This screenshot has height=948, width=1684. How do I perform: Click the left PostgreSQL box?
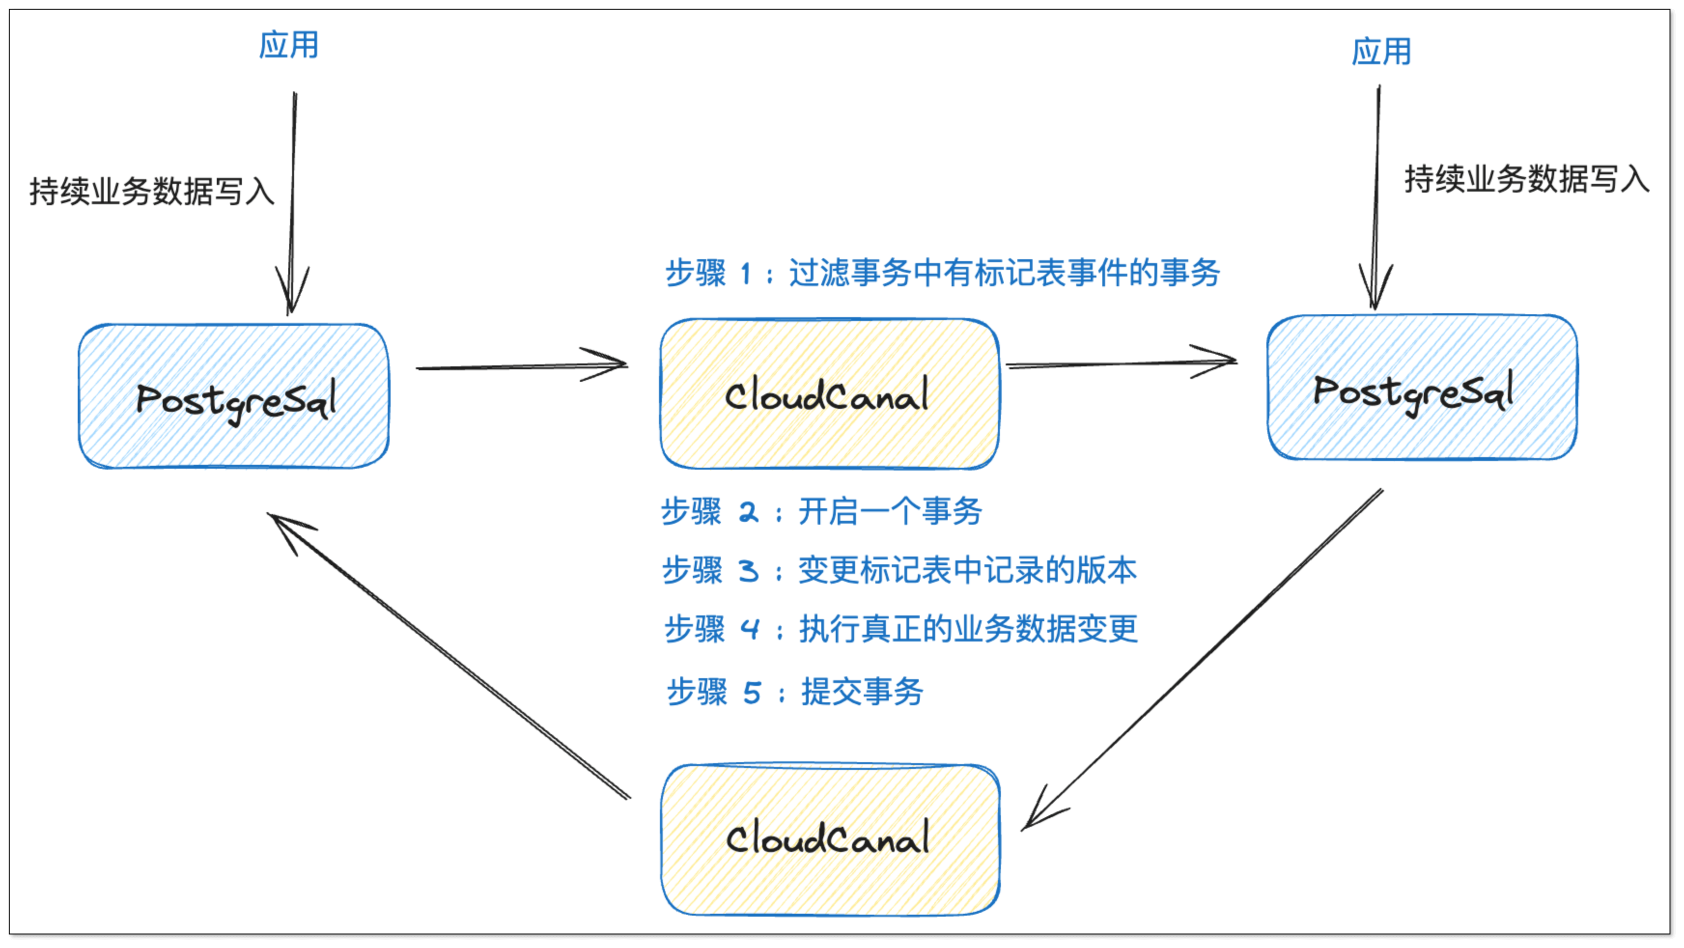click(x=234, y=396)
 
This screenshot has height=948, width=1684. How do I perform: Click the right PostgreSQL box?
click(x=1422, y=388)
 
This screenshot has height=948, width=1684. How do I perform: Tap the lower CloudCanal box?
click(x=830, y=839)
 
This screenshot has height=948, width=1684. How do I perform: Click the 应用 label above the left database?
click(x=288, y=45)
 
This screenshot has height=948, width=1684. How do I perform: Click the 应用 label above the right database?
click(x=1381, y=52)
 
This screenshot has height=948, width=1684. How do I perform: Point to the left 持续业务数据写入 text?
click(x=152, y=192)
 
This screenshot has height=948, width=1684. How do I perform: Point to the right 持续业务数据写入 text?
click(x=1527, y=179)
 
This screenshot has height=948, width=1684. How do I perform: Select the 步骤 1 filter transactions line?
click(x=941, y=273)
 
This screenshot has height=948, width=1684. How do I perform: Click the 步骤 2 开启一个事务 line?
click(x=821, y=511)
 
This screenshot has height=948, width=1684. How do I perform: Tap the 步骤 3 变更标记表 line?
click(x=899, y=570)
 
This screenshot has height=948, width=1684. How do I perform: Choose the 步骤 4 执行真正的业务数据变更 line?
click(x=901, y=629)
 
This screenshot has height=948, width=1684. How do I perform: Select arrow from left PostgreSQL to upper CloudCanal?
click(x=521, y=367)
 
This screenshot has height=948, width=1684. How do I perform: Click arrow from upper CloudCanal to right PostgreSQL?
click(x=1121, y=363)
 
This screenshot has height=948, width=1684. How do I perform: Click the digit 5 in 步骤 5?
click(x=752, y=692)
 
